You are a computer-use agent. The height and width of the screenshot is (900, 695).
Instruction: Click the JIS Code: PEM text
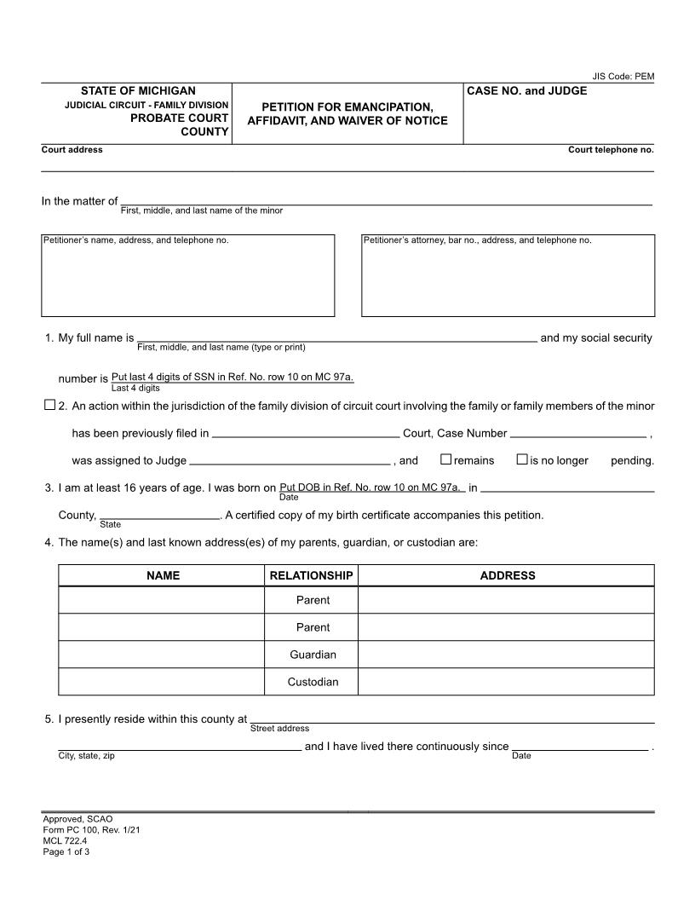(x=623, y=77)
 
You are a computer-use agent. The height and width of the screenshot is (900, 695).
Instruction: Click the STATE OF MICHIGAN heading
(x=138, y=90)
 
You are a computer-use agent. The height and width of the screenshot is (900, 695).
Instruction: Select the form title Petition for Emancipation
(x=347, y=113)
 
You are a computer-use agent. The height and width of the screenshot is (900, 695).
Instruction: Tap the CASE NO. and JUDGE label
(x=527, y=90)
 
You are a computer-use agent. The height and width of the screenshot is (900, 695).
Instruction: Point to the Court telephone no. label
(x=611, y=150)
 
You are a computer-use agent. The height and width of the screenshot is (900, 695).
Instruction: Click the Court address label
(x=72, y=150)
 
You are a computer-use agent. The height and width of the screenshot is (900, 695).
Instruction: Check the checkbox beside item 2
(x=49, y=406)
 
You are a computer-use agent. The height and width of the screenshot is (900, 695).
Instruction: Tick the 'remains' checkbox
(x=445, y=459)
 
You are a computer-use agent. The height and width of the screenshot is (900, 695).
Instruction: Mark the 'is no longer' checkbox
(x=522, y=459)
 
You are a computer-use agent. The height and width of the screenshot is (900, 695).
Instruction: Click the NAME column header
(x=163, y=575)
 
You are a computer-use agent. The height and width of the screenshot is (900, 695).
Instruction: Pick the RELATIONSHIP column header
(x=311, y=575)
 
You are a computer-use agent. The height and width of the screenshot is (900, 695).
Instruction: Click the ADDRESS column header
(x=508, y=575)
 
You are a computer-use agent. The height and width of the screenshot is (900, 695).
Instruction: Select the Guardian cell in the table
(x=313, y=655)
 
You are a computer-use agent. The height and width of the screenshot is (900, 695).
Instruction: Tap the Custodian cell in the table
(x=313, y=682)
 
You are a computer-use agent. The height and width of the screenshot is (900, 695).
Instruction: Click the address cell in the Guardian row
(x=506, y=655)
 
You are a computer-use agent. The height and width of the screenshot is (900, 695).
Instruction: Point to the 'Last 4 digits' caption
(x=135, y=388)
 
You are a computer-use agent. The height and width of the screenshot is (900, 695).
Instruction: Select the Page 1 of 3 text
(x=66, y=851)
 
